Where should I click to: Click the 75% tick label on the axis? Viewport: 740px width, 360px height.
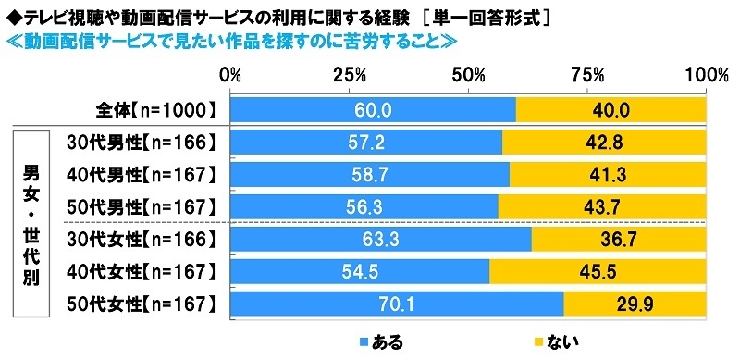pos(588,74)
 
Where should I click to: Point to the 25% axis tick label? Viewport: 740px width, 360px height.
pos(350,74)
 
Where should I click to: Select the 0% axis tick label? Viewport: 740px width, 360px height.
pos(230,74)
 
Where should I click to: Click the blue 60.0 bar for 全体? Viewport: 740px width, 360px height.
pos(373,110)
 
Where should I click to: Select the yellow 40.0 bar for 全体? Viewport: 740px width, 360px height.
pos(610,110)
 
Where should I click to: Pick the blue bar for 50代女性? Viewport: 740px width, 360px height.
pos(397,304)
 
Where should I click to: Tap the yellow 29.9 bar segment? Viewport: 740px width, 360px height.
pos(635,304)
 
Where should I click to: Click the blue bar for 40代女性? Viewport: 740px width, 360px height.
pos(360,271)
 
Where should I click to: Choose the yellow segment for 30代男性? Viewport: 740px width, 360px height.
pos(604,143)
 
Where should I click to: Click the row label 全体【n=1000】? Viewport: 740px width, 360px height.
pos(155,110)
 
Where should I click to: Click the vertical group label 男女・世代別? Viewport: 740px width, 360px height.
pos(32,223)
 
